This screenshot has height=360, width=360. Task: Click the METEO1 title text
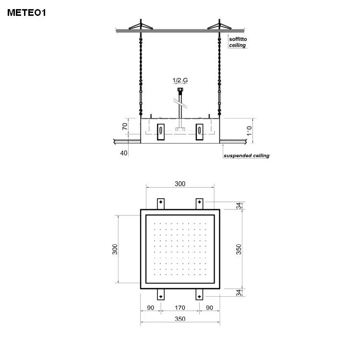[26, 13]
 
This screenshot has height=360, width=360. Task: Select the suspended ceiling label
[246, 156]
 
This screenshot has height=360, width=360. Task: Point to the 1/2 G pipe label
[180, 81]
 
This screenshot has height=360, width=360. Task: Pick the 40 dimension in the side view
[124, 153]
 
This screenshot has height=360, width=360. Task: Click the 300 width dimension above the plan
[180, 184]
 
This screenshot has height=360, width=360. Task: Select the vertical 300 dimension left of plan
[115, 250]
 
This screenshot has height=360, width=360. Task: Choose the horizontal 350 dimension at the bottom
[180, 319]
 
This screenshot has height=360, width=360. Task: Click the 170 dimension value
[180, 308]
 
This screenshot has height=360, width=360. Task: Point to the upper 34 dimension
[239, 206]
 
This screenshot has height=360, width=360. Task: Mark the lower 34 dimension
[239, 292]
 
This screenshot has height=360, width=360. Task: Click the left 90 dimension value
[150, 308]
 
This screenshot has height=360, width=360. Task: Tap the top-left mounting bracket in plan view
[161, 204]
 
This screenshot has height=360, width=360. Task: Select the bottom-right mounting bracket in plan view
[199, 294]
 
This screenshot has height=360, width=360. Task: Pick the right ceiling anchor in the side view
[219, 25]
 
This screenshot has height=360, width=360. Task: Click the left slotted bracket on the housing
[161, 131]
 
